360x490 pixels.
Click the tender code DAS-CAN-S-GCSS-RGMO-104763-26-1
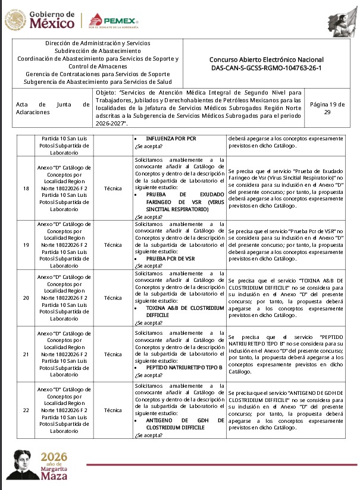(267, 68)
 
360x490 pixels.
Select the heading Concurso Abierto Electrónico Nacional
(267, 59)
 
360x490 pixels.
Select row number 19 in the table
(25, 244)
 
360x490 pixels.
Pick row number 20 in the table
(25, 297)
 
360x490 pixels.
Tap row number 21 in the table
(25, 354)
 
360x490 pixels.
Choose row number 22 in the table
(25, 410)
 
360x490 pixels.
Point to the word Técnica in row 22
(112, 410)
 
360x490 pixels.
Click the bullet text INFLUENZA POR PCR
(171, 138)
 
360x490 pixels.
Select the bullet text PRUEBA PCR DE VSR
(170, 259)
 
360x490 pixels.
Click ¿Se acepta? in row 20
(148, 322)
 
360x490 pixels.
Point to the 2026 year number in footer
(54, 457)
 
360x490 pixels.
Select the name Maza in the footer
(54, 476)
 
